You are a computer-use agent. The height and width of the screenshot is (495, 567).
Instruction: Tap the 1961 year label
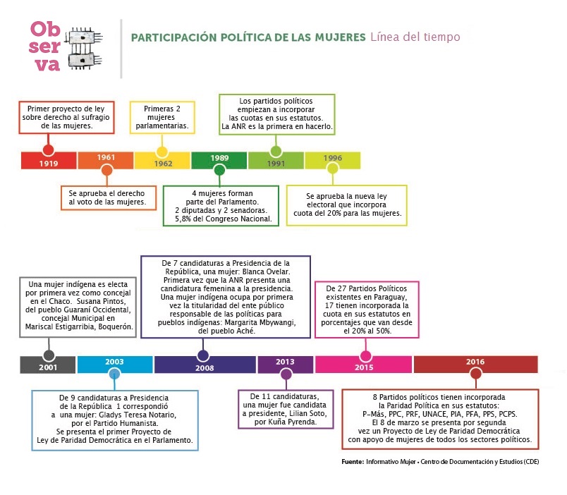pos(106,157)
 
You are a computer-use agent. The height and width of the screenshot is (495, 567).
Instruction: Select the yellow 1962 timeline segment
pos(162,161)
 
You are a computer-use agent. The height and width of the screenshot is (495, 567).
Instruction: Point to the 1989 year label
pos(219,158)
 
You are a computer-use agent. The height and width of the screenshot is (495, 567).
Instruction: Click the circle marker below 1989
pos(219,170)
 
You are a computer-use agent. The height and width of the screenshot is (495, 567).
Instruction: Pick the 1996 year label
pos(333,158)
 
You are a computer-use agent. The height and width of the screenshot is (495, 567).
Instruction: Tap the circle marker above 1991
pos(276,151)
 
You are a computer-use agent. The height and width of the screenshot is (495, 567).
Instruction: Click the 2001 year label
pos(49,368)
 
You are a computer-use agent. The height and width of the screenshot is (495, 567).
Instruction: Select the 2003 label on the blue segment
pos(114,361)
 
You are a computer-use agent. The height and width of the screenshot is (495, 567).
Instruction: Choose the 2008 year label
pos(204,368)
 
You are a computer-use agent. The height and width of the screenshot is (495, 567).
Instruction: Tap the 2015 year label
pos(365,368)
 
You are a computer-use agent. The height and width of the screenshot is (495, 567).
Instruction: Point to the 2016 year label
pos(475,362)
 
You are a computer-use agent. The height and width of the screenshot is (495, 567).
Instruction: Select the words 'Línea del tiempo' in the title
pos(415,37)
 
